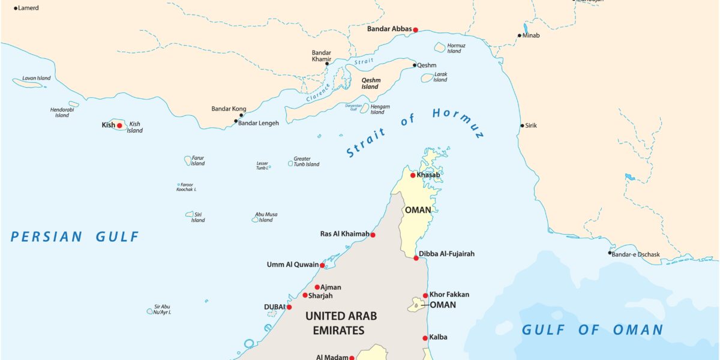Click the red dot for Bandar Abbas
tap(415, 29)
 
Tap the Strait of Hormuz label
tap(414, 131)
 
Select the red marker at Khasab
tap(413, 175)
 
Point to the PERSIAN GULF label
tap(75, 237)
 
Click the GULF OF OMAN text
tap(592, 329)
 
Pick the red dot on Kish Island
tap(119, 125)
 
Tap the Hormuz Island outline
tap(440, 47)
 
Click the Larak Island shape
tap(427, 77)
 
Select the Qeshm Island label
tap(370, 83)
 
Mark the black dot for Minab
tap(520, 35)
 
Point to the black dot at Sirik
tap(522, 125)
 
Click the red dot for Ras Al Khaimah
tap(373, 235)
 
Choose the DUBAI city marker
tap(289, 307)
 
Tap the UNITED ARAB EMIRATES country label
tap(341, 323)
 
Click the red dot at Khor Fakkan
tap(425, 295)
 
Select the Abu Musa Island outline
tap(255, 220)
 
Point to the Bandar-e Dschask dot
tap(610, 253)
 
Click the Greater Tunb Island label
tap(306, 161)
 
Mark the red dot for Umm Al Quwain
tap(322, 265)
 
